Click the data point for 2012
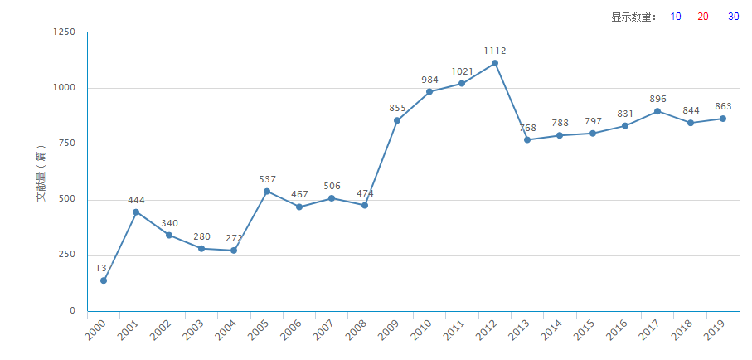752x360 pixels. pyautogui.click(x=495, y=63)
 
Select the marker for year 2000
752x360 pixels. pyautogui.click(x=104, y=280)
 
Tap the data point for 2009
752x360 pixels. pyautogui.click(x=397, y=120)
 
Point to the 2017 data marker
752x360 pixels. pyautogui.click(x=657, y=111)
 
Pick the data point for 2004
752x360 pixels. pyautogui.click(x=234, y=251)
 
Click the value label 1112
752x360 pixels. pyautogui.click(x=495, y=51)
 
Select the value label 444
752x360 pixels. pyautogui.click(x=136, y=200)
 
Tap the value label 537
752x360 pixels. pyautogui.click(x=267, y=179)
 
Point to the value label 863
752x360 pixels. pyautogui.click(x=723, y=106)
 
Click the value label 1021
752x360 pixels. pyautogui.click(x=462, y=71)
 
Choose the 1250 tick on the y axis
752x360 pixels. pyautogui.click(x=64, y=32)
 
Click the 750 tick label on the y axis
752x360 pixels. pyautogui.click(x=66, y=144)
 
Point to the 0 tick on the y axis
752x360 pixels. pyautogui.click(x=72, y=311)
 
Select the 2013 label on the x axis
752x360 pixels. pyautogui.click(x=520, y=331)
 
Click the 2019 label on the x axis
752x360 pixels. pyautogui.click(x=716, y=331)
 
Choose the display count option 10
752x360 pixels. pyautogui.click(x=676, y=17)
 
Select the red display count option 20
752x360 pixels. pyautogui.click(x=703, y=17)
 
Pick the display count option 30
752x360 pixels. pyautogui.click(x=733, y=17)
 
